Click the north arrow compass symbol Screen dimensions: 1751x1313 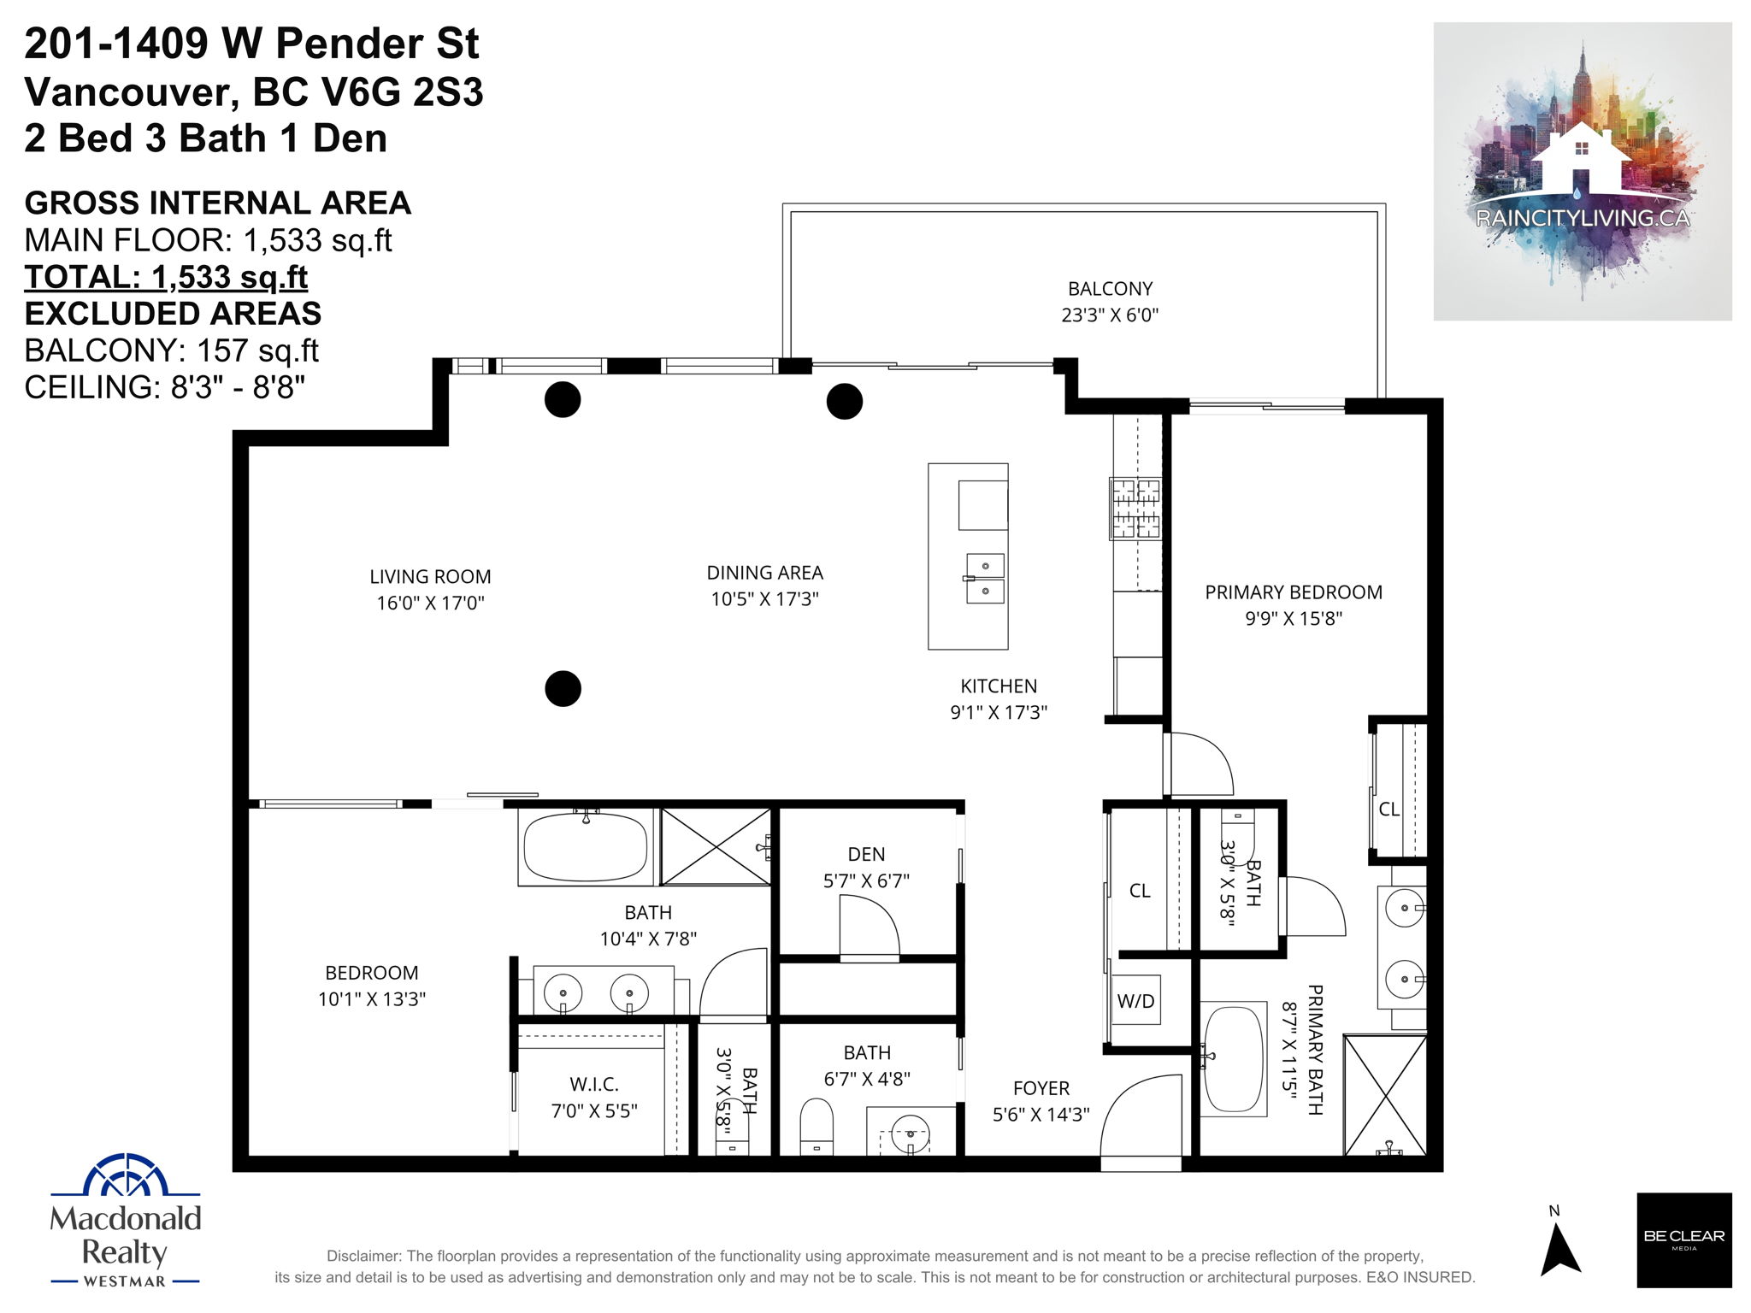(x=1559, y=1249)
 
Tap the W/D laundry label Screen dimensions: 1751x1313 (x=1135, y=1001)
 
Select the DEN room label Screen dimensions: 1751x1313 (x=866, y=854)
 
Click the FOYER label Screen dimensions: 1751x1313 (x=1041, y=1088)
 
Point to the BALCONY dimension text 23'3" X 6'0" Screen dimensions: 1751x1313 (x=1110, y=315)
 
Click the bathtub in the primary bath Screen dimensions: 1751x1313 (x=1234, y=1058)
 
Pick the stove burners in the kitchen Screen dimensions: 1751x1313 (x=1135, y=508)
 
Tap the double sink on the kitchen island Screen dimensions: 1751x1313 (x=985, y=579)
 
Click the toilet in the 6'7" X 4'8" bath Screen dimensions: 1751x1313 (x=817, y=1128)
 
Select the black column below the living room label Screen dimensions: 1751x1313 (x=563, y=688)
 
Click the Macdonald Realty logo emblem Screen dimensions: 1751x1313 (x=125, y=1175)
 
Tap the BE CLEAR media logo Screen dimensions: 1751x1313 (x=1684, y=1239)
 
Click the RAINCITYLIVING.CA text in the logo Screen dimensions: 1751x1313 (x=1583, y=218)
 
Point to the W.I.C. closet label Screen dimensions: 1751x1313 (x=594, y=1084)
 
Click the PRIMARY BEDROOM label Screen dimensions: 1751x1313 (x=1294, y=592)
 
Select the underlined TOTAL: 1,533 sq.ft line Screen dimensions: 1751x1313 (x=166, y=277)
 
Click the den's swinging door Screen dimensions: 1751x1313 (x=870, y=927)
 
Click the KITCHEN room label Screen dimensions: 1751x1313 (x=999, y=686)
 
